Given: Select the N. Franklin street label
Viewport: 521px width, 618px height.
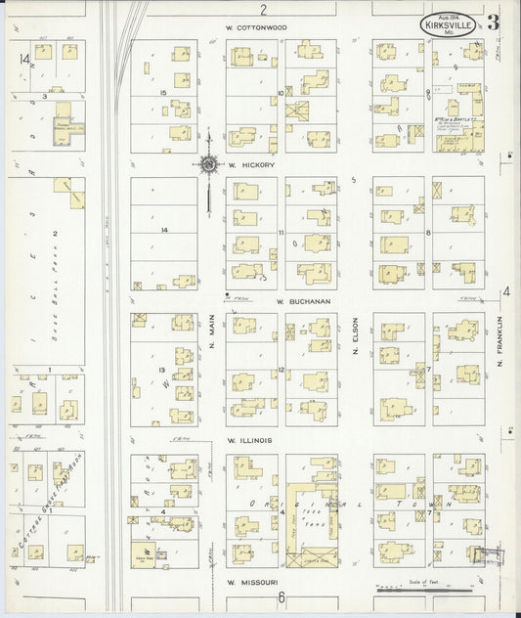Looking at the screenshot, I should click(x=499, y=339).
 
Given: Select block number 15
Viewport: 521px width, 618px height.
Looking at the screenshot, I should click(x=165, y=92).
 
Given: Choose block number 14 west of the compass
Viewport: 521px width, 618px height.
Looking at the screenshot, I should click(x=165, y=229).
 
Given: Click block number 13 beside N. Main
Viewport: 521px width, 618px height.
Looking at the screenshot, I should click(x=161, y=368).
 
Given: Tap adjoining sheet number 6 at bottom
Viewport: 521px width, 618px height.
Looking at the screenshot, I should click(x=280, y=597).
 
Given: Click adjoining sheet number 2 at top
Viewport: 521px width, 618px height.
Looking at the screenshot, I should click(x=263, y=8).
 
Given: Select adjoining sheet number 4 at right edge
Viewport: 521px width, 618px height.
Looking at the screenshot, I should click(x=506, y=290).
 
